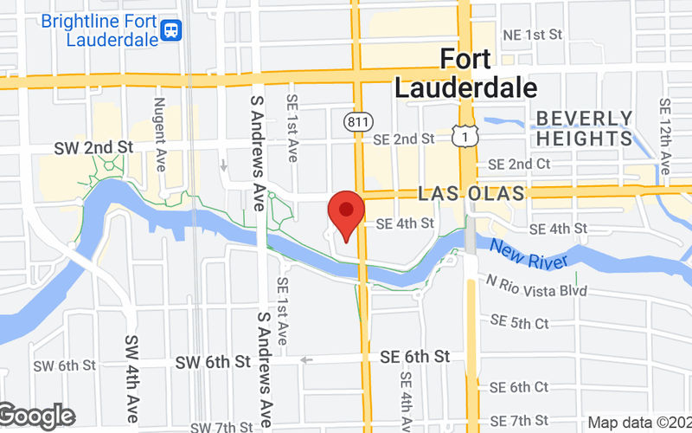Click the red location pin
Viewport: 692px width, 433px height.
coord(346,212)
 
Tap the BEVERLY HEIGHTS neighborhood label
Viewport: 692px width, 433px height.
coord(584,128)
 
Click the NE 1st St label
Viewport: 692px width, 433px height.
coord(532,35)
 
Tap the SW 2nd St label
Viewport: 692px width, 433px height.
coord(95,147)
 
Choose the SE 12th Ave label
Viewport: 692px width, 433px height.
coord(664,134)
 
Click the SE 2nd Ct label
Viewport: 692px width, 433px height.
coord(519,164)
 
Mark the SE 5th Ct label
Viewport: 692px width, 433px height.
coord(519,323)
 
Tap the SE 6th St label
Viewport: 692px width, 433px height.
coord(415,357)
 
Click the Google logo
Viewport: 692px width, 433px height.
coord(36,417)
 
